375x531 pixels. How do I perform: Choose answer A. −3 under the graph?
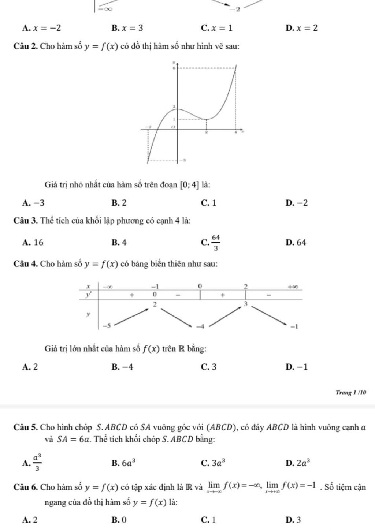34,203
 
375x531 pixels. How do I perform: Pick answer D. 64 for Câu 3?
296,242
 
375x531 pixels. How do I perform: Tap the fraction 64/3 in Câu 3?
216,243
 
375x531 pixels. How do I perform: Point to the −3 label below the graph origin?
184,160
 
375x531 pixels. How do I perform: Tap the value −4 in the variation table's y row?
200,326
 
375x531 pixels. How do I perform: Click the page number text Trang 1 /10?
350,393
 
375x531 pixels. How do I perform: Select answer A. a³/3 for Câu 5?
32,462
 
